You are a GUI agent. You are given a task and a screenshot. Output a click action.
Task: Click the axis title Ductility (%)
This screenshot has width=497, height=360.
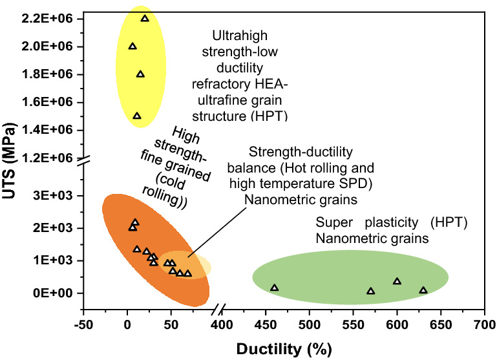coord(284,349)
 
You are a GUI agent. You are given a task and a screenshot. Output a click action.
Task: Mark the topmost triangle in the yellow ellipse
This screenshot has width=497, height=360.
coord(145,18)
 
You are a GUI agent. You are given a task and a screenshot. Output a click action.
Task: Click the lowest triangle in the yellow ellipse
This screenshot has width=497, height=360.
coord(137,116)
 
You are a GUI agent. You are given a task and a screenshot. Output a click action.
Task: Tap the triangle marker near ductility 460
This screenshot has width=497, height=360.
coord(275,288)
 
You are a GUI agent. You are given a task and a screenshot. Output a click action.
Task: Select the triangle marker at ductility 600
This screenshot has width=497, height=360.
coord(397,281)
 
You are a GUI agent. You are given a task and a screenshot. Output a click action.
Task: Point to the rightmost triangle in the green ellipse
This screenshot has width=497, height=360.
coord(423,290)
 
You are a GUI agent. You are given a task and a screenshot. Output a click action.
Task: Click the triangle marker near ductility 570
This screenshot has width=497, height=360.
coord(370,291)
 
